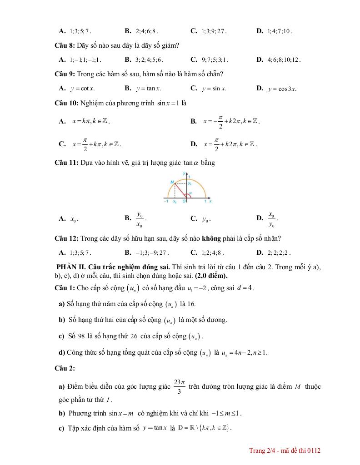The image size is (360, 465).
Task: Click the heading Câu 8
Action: click(65, 45)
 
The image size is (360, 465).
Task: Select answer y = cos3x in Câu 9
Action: click(282, 89)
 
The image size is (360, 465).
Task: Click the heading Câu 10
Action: click(66, 103)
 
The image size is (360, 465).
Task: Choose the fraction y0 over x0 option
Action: click(140, 219)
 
